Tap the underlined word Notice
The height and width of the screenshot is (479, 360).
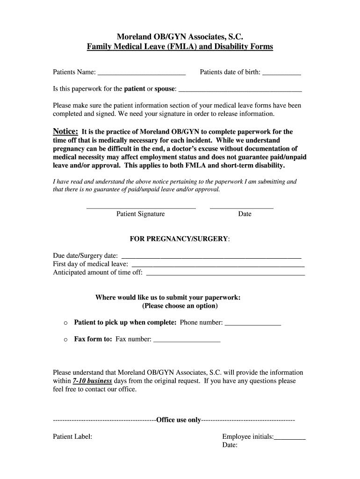coord(65,131)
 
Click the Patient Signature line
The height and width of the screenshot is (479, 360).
coord(141,207)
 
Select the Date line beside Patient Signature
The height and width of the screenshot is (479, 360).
coord(241,207)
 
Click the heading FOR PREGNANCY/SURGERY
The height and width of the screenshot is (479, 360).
coord(180,239)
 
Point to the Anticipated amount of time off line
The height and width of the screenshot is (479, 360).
coord(226,274)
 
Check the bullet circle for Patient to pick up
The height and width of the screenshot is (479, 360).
coord(65,323)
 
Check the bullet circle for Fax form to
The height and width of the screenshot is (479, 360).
coord(65,340)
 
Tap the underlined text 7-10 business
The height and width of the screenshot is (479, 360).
coord(93,381)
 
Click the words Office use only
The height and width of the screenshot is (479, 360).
coord(179,420)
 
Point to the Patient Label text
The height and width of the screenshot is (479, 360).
coord(72,436)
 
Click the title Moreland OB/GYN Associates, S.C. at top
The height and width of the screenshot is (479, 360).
coord(180,36)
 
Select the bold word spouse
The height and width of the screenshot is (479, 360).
coord(165,88)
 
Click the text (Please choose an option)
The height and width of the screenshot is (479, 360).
coord(180,306)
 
